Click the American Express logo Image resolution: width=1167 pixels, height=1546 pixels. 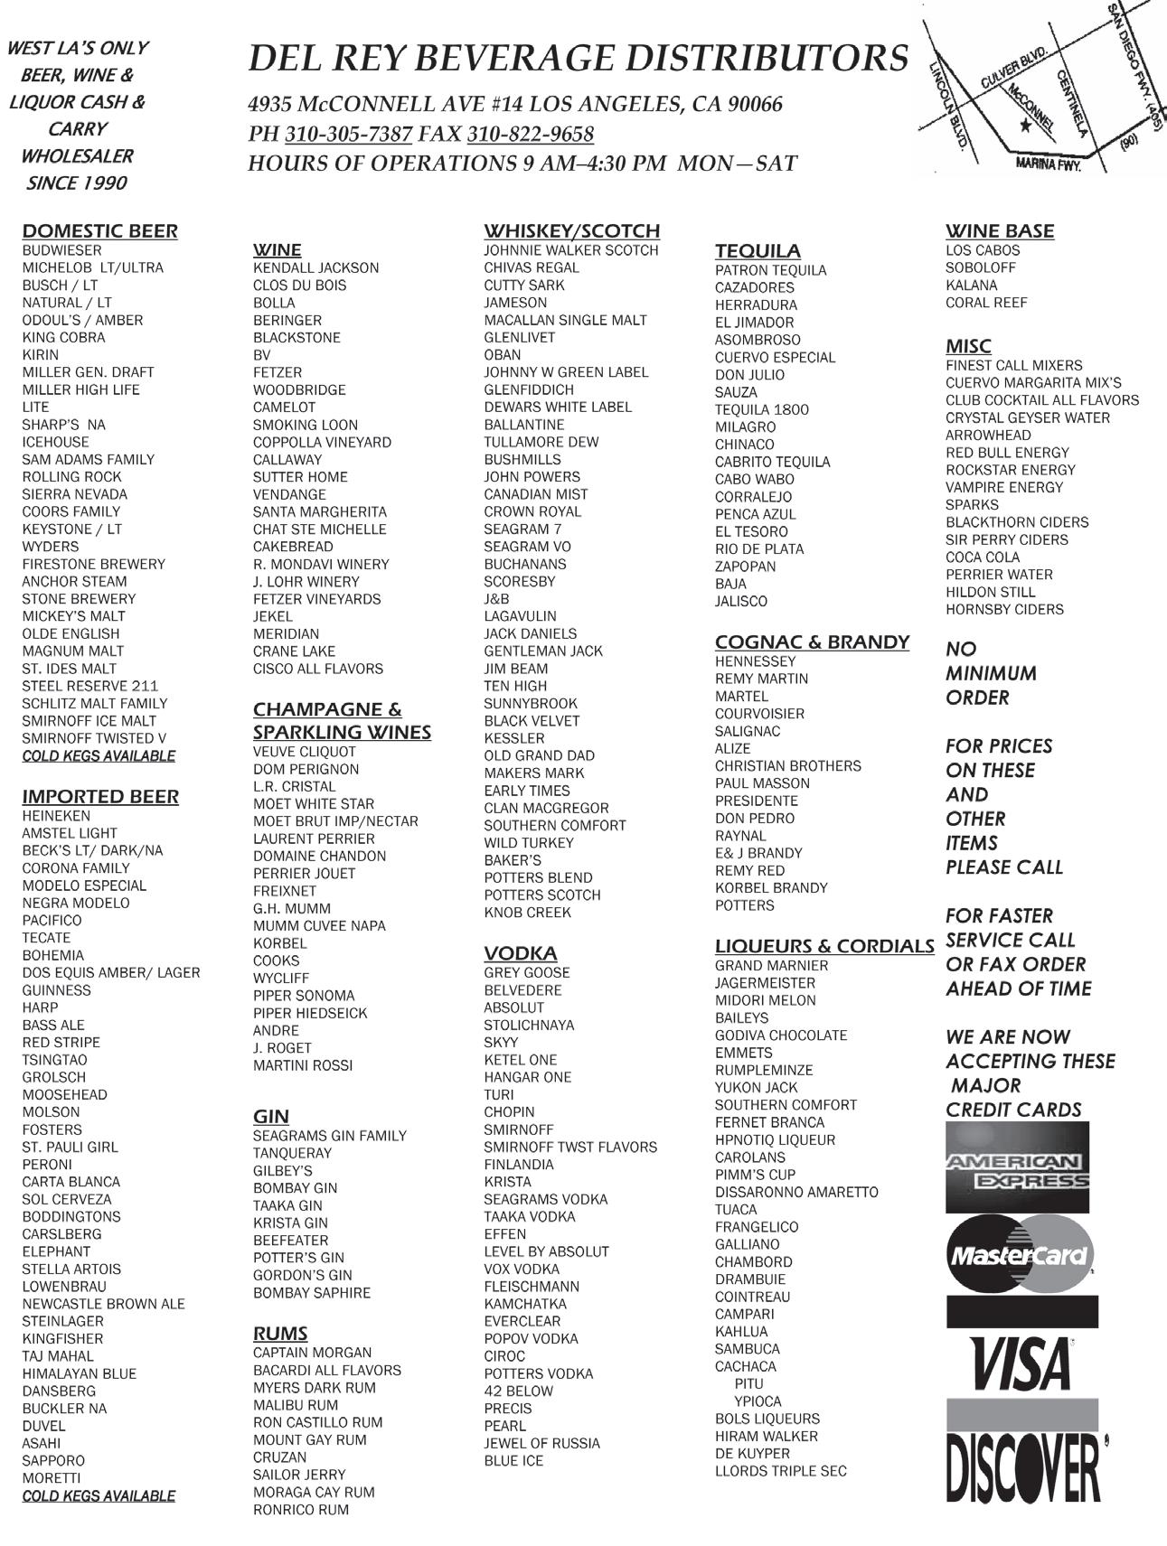click(x=1017, y=1167)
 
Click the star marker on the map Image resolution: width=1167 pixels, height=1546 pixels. click(x=1024, y=126)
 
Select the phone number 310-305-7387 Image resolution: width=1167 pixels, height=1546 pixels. click(x=349, y=135)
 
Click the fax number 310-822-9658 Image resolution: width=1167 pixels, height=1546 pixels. click(x=531, y=135)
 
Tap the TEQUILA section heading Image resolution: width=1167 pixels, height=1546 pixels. click(x=758, y=250)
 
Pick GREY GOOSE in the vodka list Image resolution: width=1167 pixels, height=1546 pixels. click(x=527, y=973)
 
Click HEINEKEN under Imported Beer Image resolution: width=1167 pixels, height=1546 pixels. click(x=57, y=816)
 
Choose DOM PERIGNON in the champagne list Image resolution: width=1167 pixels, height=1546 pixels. click(x=306, y=769)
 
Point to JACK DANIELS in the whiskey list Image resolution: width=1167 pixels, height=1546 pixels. click(x=530, y=633)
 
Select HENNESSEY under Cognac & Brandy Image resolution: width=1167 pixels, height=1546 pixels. click(x=756, y=661)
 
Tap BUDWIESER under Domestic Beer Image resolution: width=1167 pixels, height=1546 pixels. click(x=62, y=250)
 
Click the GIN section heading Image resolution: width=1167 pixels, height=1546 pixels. click(x=271, y=1116)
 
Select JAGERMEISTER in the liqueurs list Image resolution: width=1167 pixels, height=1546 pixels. click(x=765, y=983)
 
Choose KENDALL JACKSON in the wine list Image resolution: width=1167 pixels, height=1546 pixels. click(x=315, y=268)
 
